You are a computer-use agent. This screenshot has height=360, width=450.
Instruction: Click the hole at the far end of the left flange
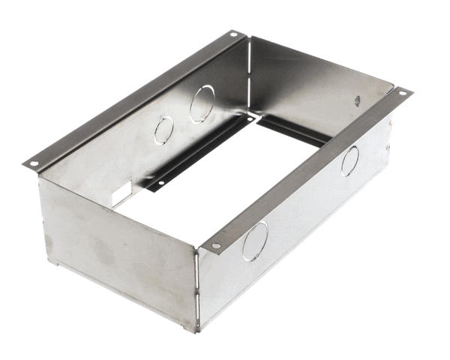pos(234,34)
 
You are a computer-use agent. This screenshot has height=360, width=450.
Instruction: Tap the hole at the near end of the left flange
pos(32,162)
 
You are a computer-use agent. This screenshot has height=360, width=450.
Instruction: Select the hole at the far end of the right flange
pos(403,93)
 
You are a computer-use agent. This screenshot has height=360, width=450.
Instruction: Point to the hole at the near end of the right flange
pos(216,245)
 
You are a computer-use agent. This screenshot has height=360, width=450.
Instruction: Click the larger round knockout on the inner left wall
pos(201,104)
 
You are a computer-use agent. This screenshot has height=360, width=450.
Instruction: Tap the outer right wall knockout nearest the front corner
pos(255,241)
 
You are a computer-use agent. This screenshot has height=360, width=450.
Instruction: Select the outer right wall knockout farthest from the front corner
pos(349,161)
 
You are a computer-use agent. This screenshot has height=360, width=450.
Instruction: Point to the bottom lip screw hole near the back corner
pos(248,118)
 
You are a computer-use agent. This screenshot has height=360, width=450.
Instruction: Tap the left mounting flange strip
pos(135,97)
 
